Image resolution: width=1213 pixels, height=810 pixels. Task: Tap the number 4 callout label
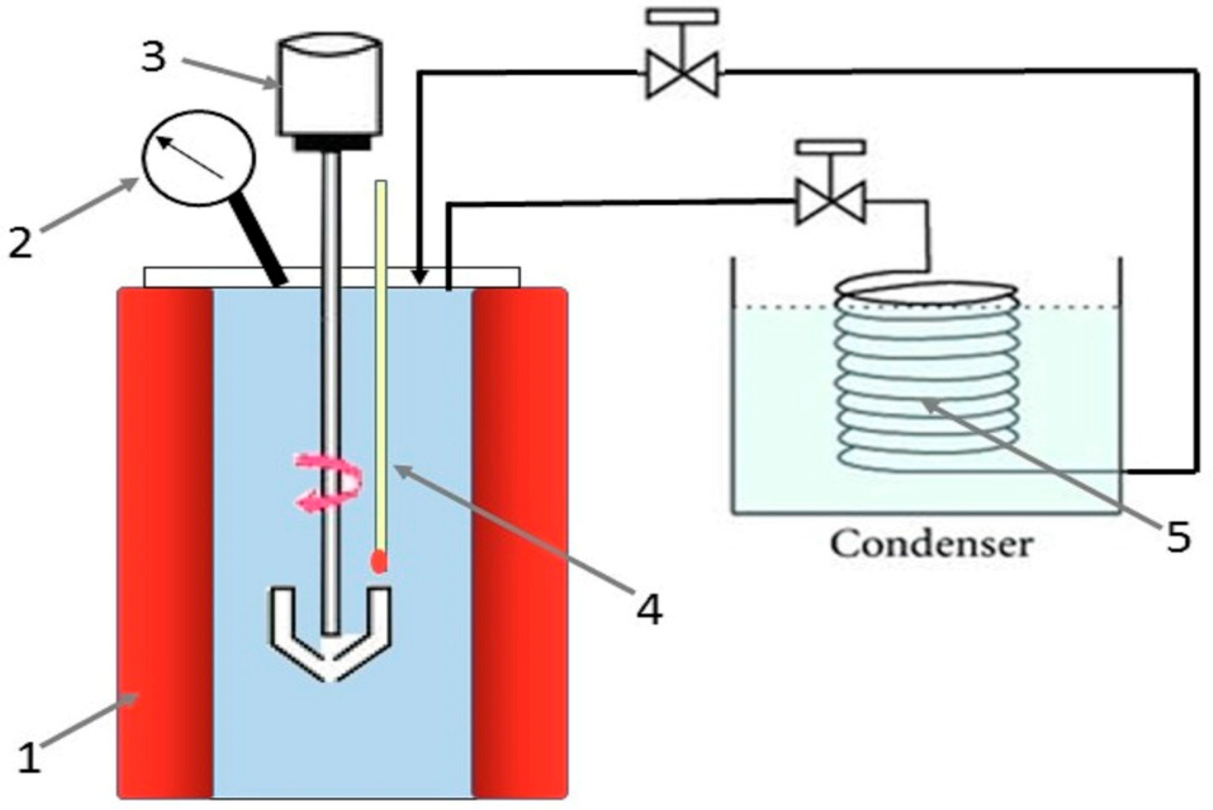[x=649, y=611]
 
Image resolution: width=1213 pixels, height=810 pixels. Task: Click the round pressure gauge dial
[x=198, y=158]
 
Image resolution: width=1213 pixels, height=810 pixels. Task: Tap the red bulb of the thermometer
[x=380, y=561]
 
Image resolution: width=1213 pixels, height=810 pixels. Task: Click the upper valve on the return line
[x=682, y=74]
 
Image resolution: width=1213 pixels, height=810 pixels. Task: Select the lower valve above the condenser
[x=830, y=201]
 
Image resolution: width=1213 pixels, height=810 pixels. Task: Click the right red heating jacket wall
[x=520, y=542]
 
